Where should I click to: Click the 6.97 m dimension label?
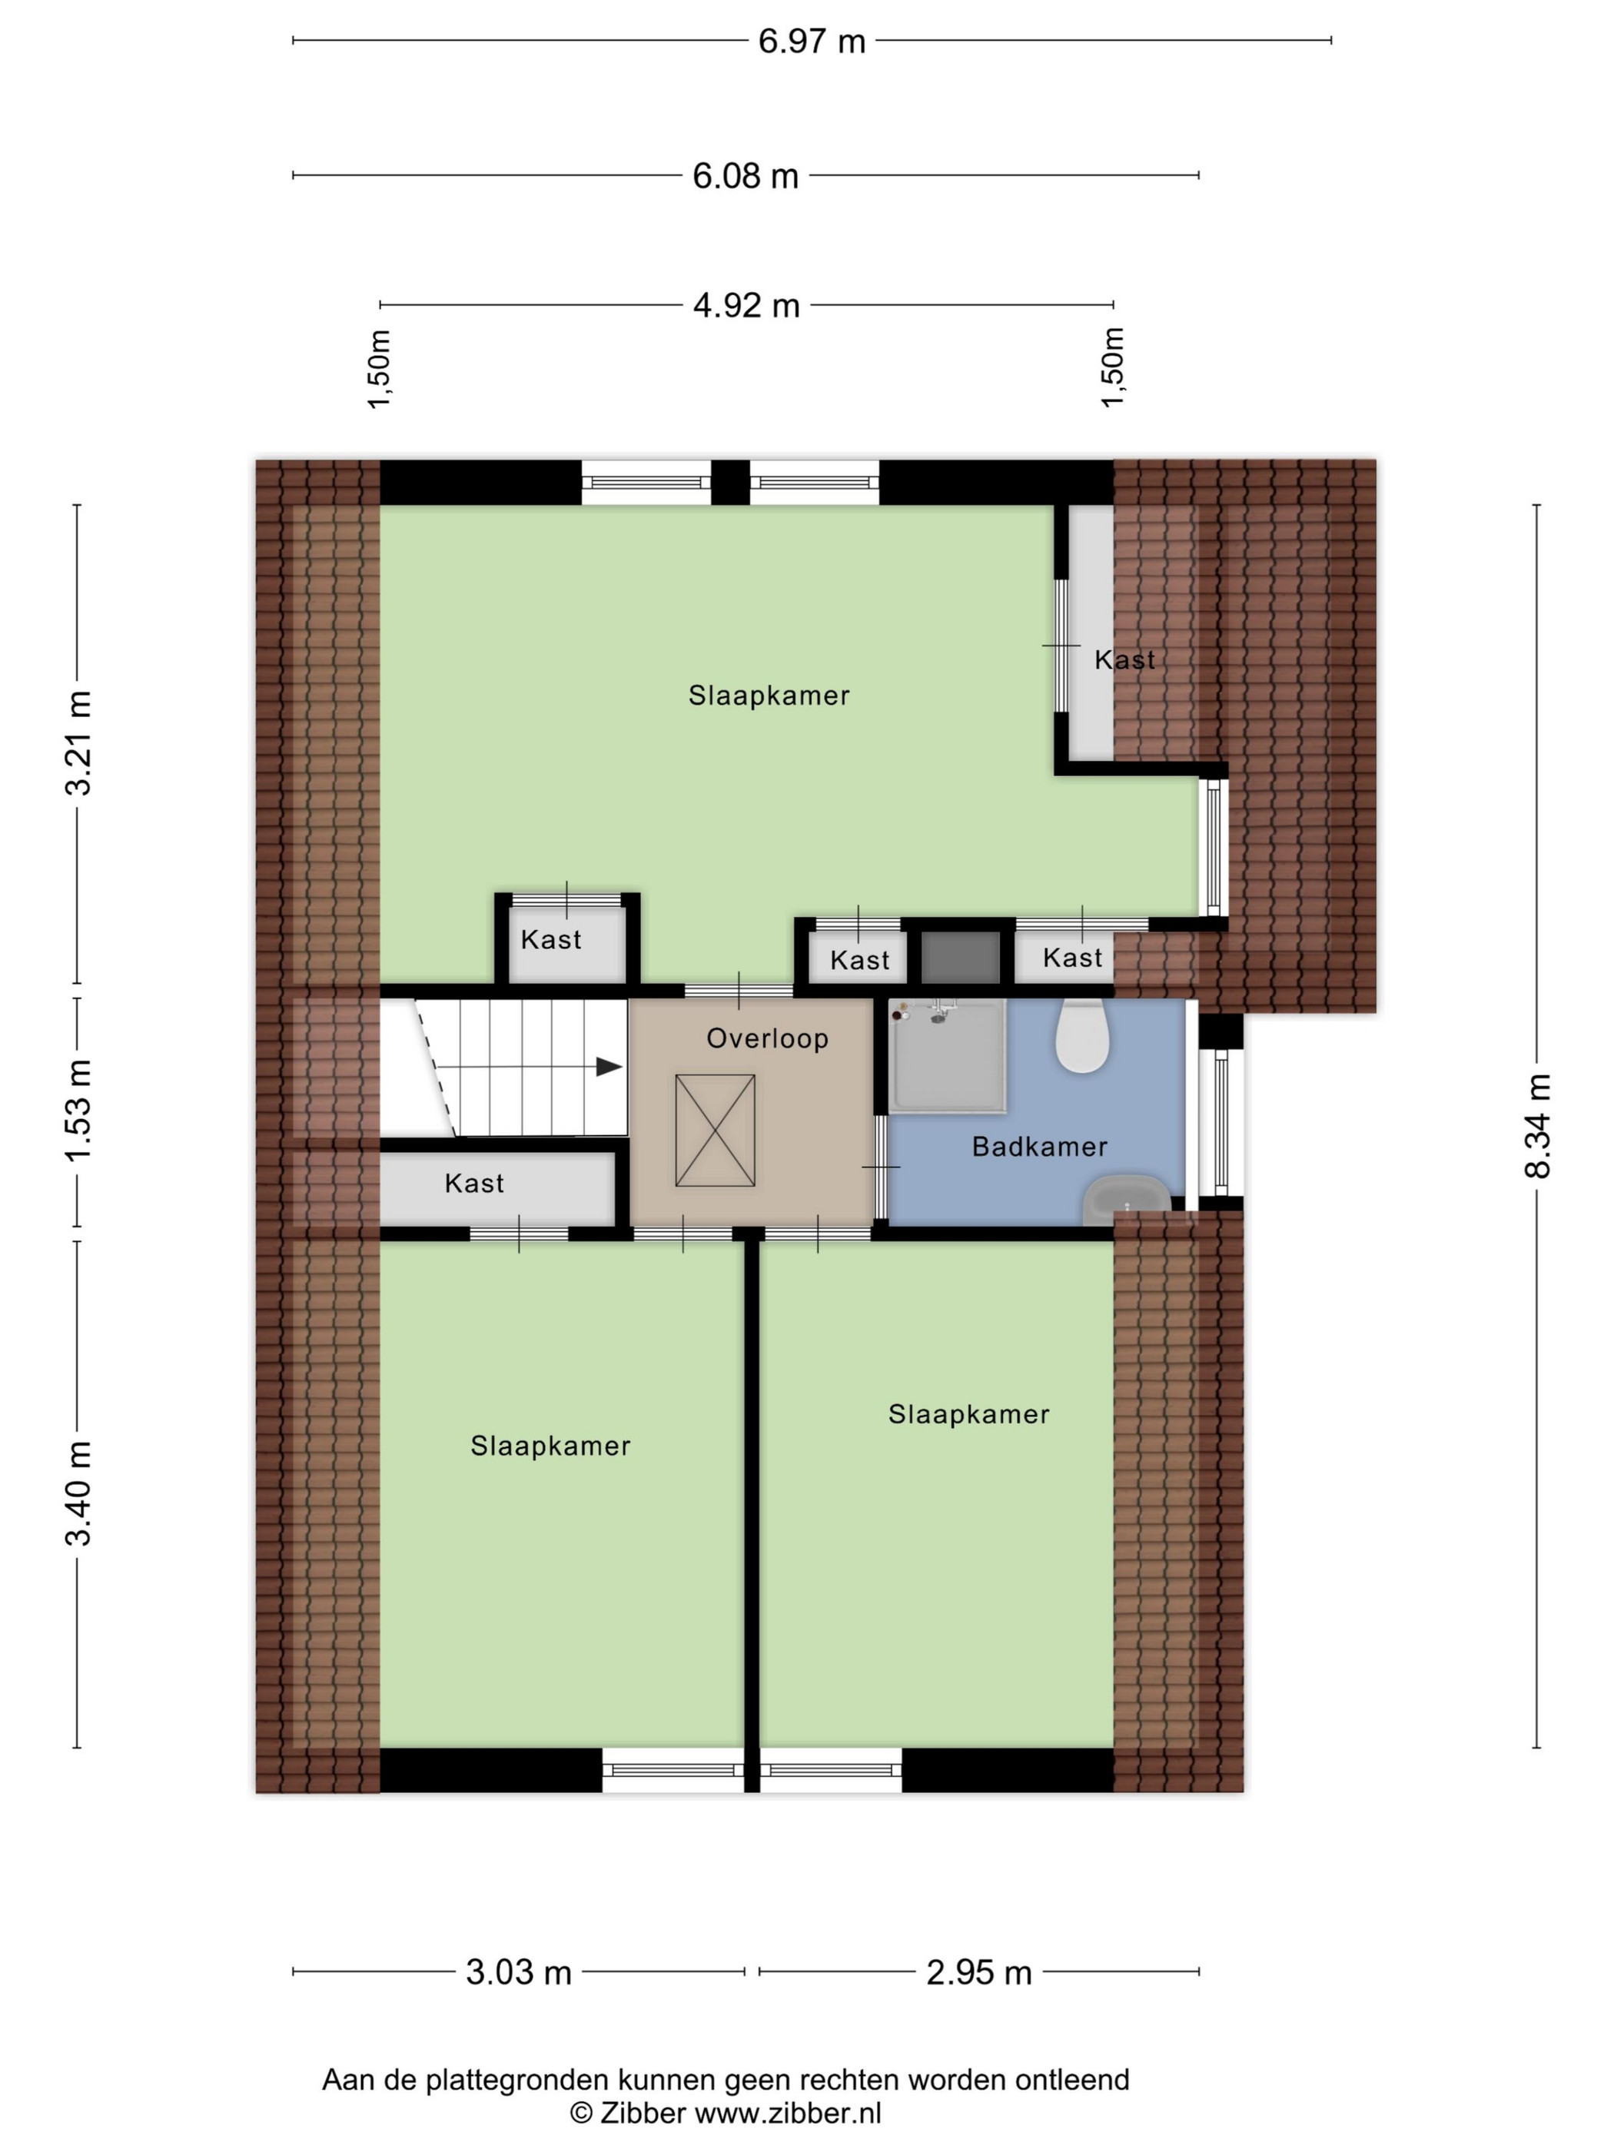click(812, 41)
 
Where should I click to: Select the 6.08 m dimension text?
click(746, 176)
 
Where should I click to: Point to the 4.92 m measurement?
click(746, 305)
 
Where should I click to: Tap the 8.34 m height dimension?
click(1537, 1126)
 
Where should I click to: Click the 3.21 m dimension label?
click(78, 743)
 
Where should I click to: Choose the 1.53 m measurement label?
click(78, 1110)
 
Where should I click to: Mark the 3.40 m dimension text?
click(78, 1493)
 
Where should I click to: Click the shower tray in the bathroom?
click(947, 1055)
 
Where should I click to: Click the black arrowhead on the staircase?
click(609, 1068)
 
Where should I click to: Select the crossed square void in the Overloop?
click(715, 1131)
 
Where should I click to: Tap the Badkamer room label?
click(1040, 1147)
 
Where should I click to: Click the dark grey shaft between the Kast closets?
click(960, 958)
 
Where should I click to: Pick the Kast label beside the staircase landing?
click(475, 1184)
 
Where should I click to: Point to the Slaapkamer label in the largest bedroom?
click(769, 696)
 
